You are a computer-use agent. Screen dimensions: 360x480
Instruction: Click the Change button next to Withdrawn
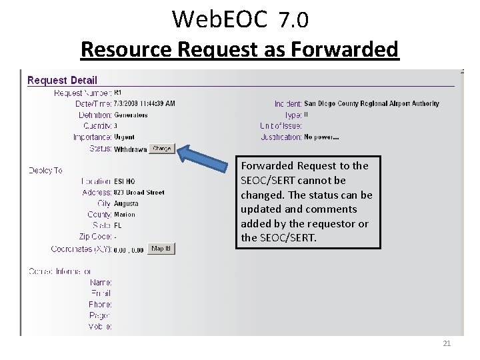point(161,149)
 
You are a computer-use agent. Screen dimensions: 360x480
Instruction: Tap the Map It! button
point(161,249)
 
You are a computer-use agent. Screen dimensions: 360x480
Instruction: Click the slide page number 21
point(447,343)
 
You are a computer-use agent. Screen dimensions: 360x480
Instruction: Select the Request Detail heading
point(62,81)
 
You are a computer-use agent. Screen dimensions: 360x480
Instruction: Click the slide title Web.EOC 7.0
point(240,20)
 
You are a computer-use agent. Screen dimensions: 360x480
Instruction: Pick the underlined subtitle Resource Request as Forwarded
point(239,49)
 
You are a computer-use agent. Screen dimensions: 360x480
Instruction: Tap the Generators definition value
point(131,115)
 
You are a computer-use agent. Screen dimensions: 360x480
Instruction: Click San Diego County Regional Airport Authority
point(371,104)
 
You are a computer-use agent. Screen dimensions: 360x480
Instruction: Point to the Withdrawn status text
point(130,149)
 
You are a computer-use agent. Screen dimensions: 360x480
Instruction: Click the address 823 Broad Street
point(139,193)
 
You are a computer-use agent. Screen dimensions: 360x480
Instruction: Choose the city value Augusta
point(127,203)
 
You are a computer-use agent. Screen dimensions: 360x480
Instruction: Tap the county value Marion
point(125,215)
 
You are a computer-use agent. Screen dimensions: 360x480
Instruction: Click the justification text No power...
point(321,137)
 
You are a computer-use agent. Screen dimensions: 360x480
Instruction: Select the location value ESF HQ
point(125,181)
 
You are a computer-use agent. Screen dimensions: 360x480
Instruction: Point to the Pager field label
point(100,315)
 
